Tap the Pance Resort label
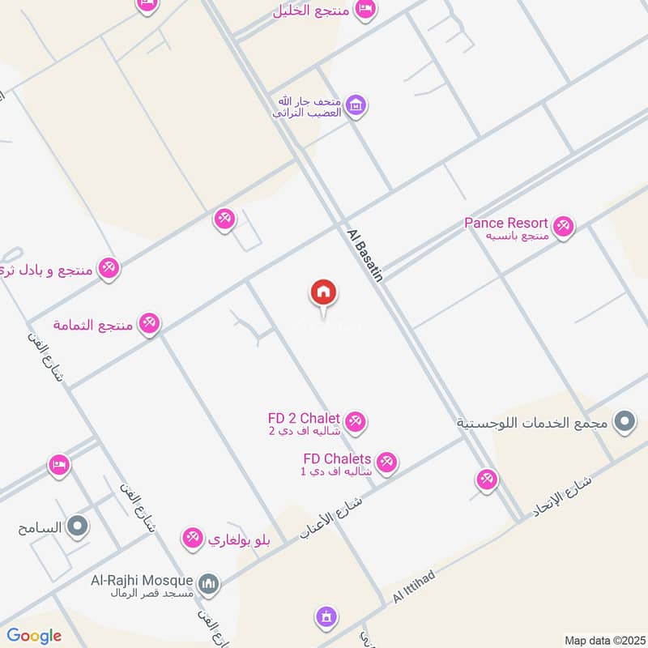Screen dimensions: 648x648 (506, 223)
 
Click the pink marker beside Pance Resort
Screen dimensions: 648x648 (564, 226)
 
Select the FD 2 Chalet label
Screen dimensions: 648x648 (304, 418)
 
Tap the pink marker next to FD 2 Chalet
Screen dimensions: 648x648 (355, 421)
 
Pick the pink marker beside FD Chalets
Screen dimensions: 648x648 (386, 462)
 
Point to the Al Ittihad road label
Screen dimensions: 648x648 (414, 586)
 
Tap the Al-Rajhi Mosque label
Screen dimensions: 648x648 (141, 581)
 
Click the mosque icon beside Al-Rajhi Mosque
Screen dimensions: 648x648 (208, 582)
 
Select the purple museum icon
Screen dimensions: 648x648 (355, 104)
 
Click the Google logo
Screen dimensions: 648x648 (34, 636)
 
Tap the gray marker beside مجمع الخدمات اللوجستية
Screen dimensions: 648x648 (625, 421)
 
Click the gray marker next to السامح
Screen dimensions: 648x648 (78, 526)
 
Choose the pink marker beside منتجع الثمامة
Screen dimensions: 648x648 (148, 324)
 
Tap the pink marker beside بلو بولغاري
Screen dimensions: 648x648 (192, 537)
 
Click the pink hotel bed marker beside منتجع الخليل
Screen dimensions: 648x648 (366, 8)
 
